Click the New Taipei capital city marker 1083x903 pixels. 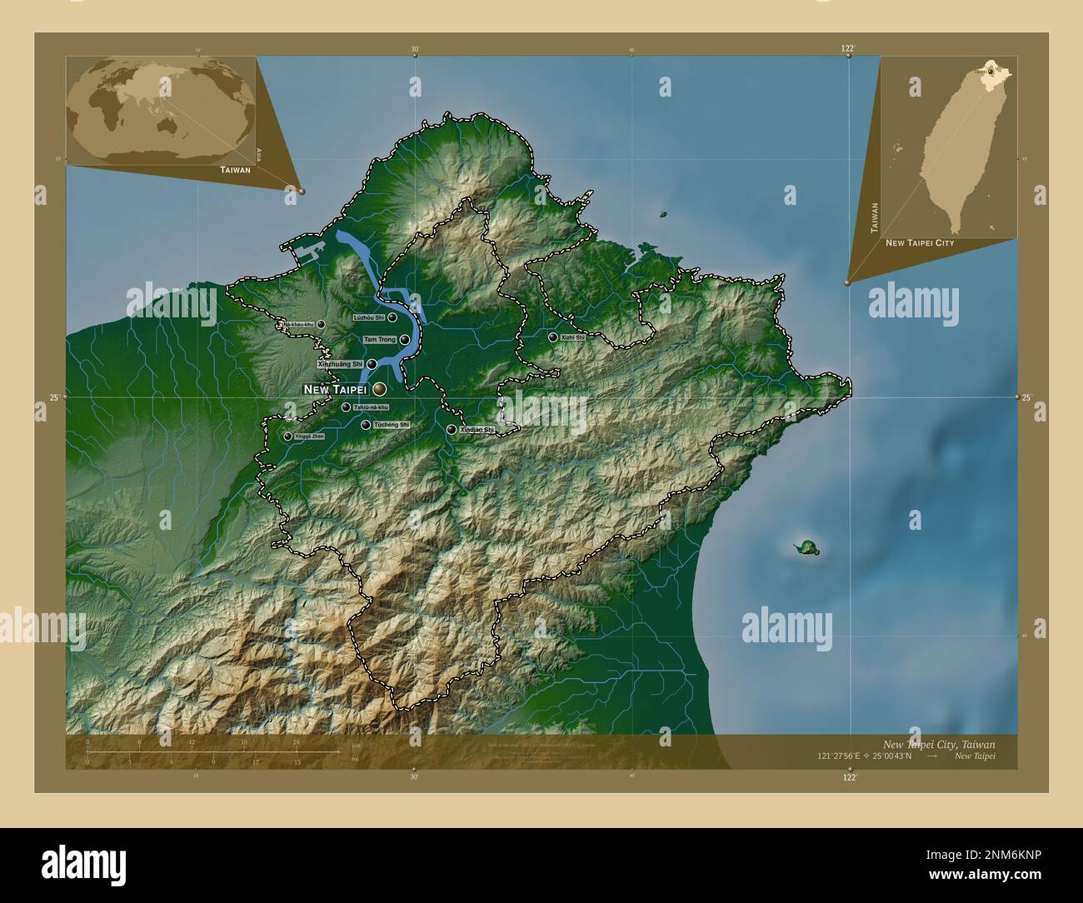pyautogui.click(x=379, y=389)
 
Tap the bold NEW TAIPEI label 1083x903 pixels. pyautogui.click(x=335, y=389)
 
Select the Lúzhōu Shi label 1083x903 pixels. pyautogui.click(x=368, y=317)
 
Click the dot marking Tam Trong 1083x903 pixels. pyautogui.click(x=404, y=340)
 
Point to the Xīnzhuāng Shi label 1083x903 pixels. pyautogui.click(x=340, y=364)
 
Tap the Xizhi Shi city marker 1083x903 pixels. pyautogui.click(x=552, y=337)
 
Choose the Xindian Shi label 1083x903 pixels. pyautogui.click(x=477, y=430)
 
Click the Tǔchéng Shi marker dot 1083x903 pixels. pyautogui.click(x=366, y=425)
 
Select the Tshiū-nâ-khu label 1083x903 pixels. pyautogui.click(x=371, y=407)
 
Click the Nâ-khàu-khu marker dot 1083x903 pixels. pyautogui.click(x=321, y=325)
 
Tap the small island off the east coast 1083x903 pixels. pyautogui.click(x=806, y=547)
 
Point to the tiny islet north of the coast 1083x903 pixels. pyautogui.click(x=664, y=214)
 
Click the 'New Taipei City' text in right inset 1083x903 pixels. pyautogui.click(x=920, y=242)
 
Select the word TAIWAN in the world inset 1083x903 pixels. pyautogui.click(x=235, y=169)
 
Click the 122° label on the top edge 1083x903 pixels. pyautogui.click(x=847, y=49)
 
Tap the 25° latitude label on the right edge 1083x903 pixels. pyautogui.click(x=1026, y=397)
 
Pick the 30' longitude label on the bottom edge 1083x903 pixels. pyautogui.click(x=414, y=776)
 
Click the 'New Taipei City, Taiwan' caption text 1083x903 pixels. pyautogui.click(x=938, y=743)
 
